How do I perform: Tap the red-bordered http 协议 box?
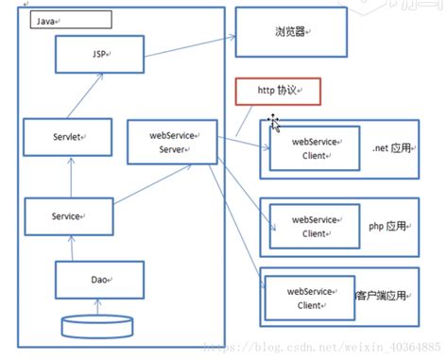[x=278, y=91]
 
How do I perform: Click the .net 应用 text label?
[x=392, y=149]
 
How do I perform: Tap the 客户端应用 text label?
[x=383, y=296]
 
